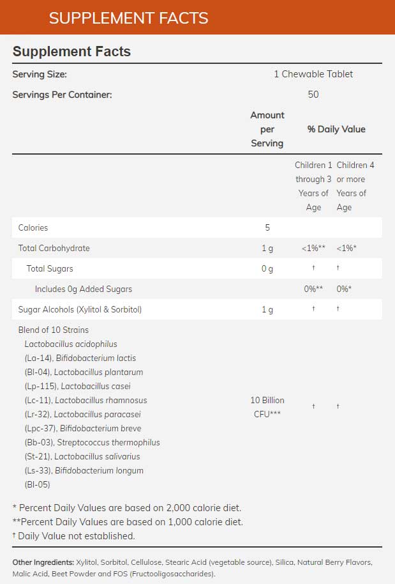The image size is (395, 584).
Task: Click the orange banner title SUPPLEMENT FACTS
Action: click(128, 18)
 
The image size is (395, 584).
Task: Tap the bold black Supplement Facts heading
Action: click(71, 52)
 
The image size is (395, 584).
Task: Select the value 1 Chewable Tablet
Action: click(313, 74)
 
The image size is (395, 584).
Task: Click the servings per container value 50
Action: click(313, 95)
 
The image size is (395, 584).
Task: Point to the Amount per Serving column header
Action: click(267, 129)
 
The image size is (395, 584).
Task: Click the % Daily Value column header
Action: click(336, 129)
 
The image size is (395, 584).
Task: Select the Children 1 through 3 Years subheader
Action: click(313, 186)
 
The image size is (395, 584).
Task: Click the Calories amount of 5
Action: click(267, 227)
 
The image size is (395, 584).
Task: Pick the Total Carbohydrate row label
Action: click(54, 248)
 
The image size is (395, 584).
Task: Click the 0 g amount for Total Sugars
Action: click(267, 268)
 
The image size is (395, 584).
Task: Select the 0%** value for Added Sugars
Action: click(313, 289)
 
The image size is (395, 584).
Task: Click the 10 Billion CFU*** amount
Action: click(267, 407)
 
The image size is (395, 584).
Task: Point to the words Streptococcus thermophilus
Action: click(108, 442)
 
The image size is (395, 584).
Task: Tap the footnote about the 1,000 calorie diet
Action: click(128, 521)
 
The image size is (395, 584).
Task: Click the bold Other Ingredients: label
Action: click(43, 562)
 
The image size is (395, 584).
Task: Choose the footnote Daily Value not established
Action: click(76, 535)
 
